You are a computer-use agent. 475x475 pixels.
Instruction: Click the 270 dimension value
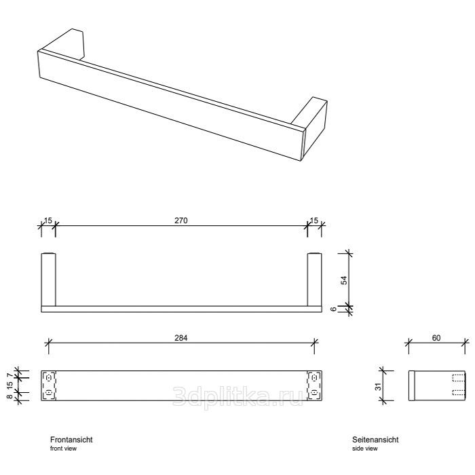[x=181, y=221]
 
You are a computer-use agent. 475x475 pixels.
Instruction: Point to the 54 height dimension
[x=343, y=280]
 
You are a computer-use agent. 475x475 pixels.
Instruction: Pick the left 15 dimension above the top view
[x=47, y=221]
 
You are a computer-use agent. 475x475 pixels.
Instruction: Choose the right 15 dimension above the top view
[x=313, y=221]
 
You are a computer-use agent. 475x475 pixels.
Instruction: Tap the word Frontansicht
[x=71, y=440]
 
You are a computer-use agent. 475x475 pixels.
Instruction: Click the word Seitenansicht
[x=376, y=440]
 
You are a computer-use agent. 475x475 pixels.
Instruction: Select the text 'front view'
[x=62, y=449]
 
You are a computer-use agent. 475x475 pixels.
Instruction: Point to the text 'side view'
[x=365, y=449]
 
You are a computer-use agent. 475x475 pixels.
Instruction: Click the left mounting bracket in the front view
[x=48, y=385]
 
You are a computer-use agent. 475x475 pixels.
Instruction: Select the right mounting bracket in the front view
[x=313, y=385]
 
